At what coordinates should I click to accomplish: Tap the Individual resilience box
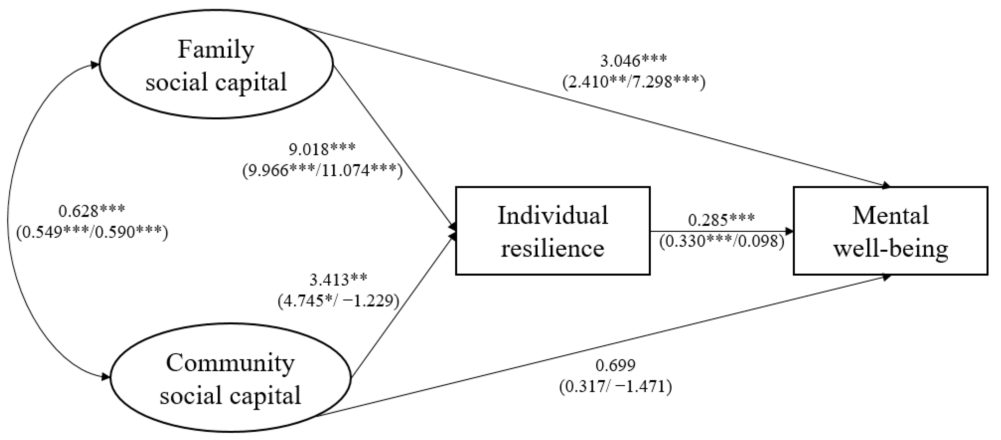point(553,231)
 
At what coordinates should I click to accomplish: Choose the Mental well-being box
point(890,231)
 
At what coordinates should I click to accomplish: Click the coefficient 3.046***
point(633,61)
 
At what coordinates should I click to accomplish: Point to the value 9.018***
point(322,149)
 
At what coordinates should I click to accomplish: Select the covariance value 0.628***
point(92,211)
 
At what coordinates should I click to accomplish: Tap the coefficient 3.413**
point(338,279)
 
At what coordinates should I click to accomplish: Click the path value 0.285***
point(721,220)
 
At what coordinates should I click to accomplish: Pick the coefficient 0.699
point(616,365)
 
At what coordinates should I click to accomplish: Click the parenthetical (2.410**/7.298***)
point(633,82)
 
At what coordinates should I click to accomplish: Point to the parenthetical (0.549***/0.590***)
point(92,232)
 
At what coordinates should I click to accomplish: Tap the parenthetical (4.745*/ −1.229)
point(338,301)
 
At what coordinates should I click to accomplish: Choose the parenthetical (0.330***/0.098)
point(721,241)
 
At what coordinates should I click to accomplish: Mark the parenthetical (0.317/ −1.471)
point(616,387)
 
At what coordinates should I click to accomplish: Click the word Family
point(216,50)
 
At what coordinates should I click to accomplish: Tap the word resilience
point(553,248)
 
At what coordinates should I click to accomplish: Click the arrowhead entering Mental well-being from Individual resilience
point(789,231)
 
